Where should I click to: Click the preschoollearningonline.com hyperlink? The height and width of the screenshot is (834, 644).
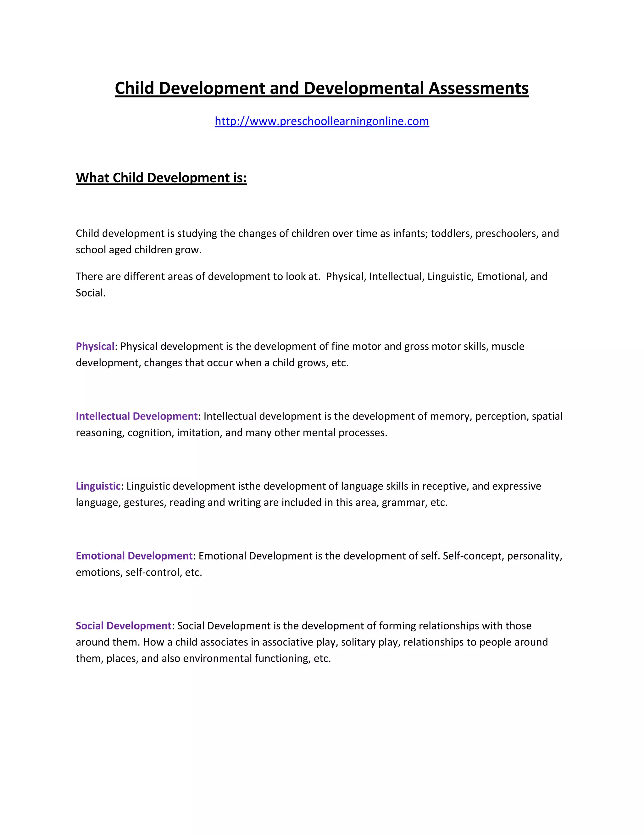click(322, 121)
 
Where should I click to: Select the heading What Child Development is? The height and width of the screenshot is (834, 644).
click(161, 178)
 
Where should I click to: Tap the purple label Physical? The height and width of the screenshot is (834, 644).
click(95, 347)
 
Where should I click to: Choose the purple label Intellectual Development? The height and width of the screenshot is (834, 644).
click(136, 416)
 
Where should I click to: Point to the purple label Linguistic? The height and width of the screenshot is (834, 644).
click(98, 486)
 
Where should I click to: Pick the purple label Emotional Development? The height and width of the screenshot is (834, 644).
click(134, 556)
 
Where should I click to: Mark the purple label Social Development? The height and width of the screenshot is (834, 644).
click(123, 626)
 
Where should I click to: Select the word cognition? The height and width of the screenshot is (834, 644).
click(150, 433)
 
